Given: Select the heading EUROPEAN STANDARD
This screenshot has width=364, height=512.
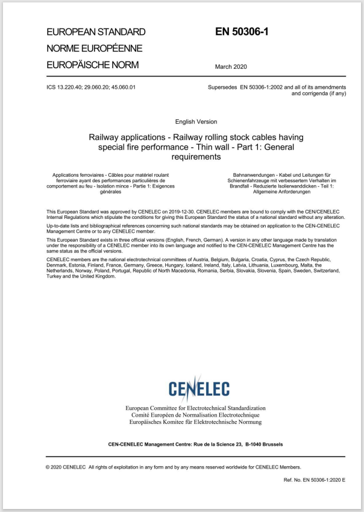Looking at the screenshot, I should [96, 31].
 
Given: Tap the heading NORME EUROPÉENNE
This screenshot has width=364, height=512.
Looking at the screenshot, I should [94, 48].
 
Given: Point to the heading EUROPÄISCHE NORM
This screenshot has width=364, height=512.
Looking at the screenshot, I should [92, 64].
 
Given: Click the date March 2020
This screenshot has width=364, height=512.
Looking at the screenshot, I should [230, 66].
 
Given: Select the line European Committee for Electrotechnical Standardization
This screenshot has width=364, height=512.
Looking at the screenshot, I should [195, 408].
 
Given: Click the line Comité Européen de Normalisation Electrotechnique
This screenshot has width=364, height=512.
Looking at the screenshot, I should [195, 416].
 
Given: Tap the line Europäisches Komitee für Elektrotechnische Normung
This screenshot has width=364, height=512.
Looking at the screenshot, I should [195, 423].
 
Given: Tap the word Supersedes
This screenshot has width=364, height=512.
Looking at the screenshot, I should [222, 87].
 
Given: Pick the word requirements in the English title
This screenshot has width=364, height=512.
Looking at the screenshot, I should [195, 157].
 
